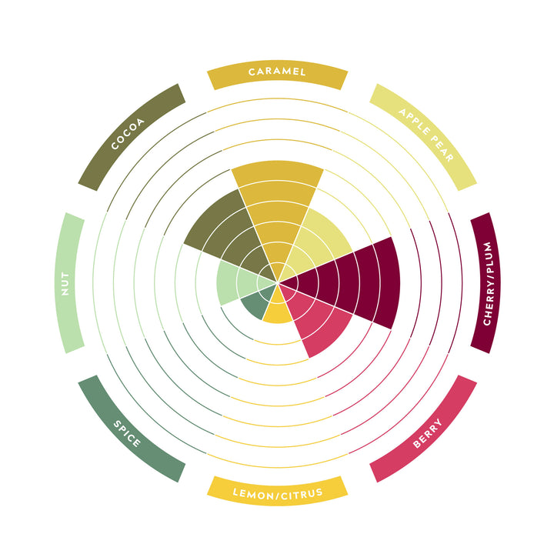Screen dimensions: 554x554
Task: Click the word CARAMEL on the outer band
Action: pyautogui.click(x=277, y=72)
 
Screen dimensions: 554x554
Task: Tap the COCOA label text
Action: pyautogui.click(x=128, y=134)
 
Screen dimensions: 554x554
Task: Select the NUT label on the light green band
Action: pyautogui.click(x=65, y=283)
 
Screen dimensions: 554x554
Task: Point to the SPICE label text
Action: pyautogui.click(x=127, y=433)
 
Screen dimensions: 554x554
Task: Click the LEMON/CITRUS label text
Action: pyautogui.click(x=278, y=494)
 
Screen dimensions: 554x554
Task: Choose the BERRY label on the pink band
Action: pyautogui.click(x=427, y=433)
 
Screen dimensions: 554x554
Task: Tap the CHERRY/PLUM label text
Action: pyautogui.click(x=488, y=283)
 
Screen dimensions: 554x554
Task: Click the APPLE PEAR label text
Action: pyautogui.click(x=426, y=135)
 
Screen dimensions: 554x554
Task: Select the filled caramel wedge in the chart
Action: pyautogui.click(x=277, y=212)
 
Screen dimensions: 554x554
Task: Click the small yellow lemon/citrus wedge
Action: pyautogui.click(x=278, y=307)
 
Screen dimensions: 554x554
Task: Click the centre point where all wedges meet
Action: pyautogui.click(x=278, y=282)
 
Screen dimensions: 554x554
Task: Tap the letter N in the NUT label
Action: pyautogui.click(x=65, y=292)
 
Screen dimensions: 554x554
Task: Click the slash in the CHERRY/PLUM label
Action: pyautogui.click(x=488, y=275)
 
